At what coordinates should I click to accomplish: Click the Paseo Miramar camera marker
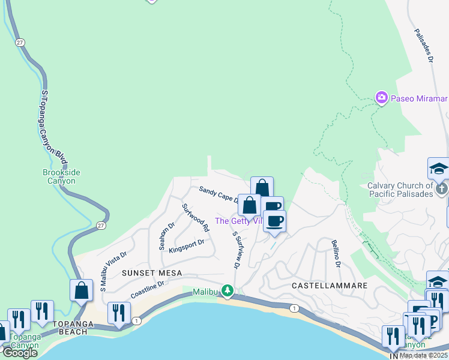pos(381,98)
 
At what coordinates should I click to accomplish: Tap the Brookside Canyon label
pos(61,176)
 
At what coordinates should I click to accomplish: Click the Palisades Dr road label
pos(423,45)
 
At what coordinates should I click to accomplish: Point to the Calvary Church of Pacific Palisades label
pos(400,190)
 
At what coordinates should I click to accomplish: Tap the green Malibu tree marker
pos(228,291)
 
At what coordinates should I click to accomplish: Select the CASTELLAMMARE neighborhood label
pos(330,286)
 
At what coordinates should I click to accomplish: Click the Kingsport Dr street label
pos(187,246)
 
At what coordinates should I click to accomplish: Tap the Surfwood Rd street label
pos(195,218)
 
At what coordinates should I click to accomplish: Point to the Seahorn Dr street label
pos(166,236)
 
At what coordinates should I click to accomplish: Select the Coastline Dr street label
pos(147,289)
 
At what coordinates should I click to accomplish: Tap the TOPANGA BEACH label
pos(73,324)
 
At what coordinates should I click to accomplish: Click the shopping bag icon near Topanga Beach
pos(81,290)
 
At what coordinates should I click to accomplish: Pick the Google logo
pos(20,353)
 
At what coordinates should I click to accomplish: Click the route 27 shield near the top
pos(20,42)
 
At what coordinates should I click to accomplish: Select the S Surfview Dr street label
pos(236,250)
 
